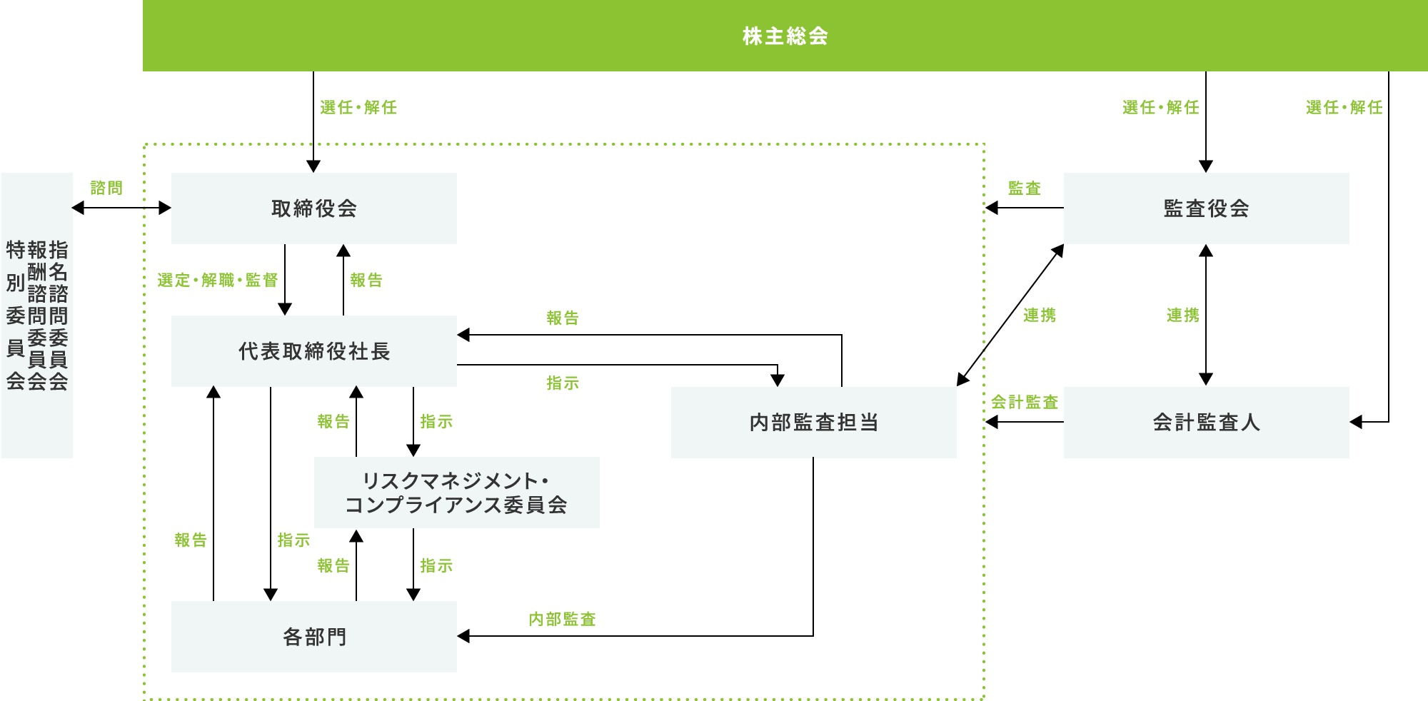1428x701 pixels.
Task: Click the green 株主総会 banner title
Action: [785, 36]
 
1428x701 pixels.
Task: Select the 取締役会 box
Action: [314, 208]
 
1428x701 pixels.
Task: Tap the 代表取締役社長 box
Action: [314, 351]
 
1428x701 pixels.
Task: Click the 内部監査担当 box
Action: [813, 423]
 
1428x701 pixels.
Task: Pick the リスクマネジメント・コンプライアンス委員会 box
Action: [456, 493]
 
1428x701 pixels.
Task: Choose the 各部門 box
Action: [314, 637]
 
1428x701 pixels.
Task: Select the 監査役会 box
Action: [1206, 208]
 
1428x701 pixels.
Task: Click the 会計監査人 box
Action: [1206, 423]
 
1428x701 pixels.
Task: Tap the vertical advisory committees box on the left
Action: [36, 315]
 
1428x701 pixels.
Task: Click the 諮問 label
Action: [106, 188]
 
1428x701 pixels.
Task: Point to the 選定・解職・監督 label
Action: [217, 280]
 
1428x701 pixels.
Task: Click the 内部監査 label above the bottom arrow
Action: [562, 619]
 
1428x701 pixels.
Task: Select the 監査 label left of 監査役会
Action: [1024, 188]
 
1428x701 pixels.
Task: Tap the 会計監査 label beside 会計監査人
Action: [1024, 402]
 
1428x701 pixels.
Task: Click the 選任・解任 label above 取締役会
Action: [358, 107]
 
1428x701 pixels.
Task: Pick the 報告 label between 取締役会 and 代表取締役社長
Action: [366, 280]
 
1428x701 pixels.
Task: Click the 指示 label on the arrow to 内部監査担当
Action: [563, 383]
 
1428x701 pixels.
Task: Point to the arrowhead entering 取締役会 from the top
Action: [313, 167]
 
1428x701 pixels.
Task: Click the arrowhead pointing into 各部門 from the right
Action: [463, 636]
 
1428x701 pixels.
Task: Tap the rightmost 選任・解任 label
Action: [1344, 107]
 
